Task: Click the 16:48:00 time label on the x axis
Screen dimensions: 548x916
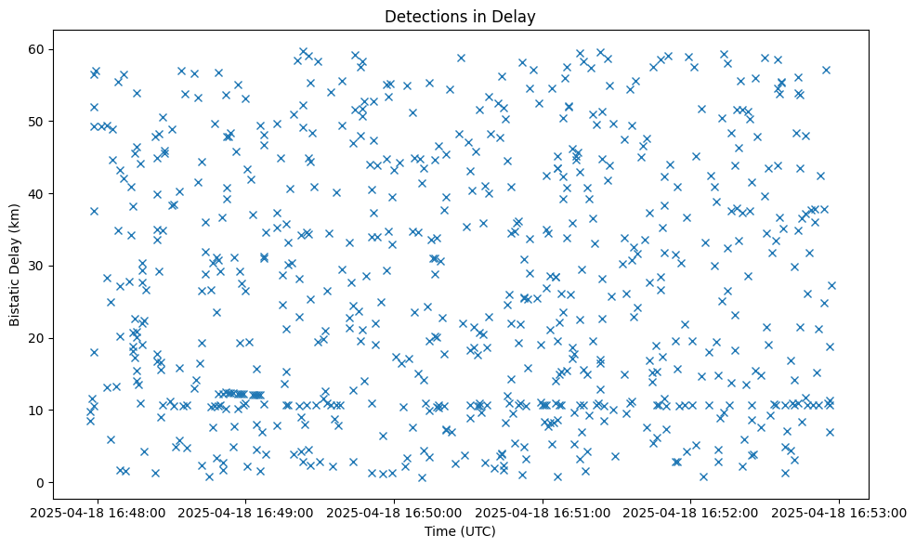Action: (98, 512)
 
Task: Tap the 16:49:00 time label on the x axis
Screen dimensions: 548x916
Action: (245, 512)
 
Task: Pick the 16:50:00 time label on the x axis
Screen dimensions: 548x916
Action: (394, 512)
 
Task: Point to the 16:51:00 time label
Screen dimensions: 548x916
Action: (543, 512)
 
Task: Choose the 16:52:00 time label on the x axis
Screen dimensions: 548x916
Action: (690, 512)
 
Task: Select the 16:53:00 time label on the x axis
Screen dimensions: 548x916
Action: (839, 512)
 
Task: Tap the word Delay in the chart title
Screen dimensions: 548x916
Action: (517, 16)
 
